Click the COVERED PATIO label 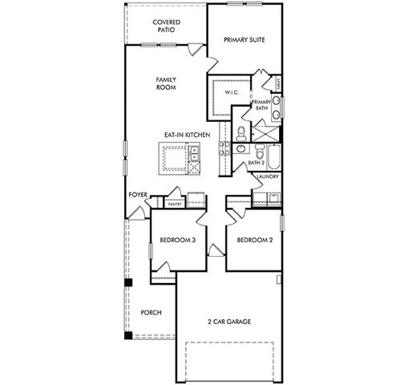pos(166,26)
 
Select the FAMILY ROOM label pos(166,83)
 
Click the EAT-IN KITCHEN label pos(187,135)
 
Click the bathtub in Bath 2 pos(270,152)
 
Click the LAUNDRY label pos(268,176)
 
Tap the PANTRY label pos(175,204)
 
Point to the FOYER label pos(138,195)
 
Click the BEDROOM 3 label pos(177,240)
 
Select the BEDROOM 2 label pos(254,240)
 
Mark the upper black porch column pos(127,282)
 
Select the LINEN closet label pos(277,82)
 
